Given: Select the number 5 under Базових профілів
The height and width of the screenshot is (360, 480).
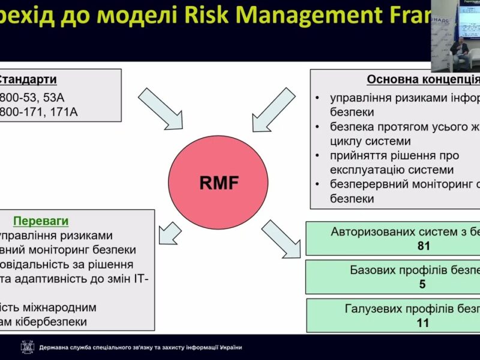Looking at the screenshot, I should [422, 284].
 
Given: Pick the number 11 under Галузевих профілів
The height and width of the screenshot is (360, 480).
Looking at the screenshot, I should [422, 323].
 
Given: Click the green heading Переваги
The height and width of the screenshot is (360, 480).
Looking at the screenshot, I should [41, 220].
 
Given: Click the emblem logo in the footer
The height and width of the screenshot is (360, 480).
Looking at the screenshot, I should [27, 347].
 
